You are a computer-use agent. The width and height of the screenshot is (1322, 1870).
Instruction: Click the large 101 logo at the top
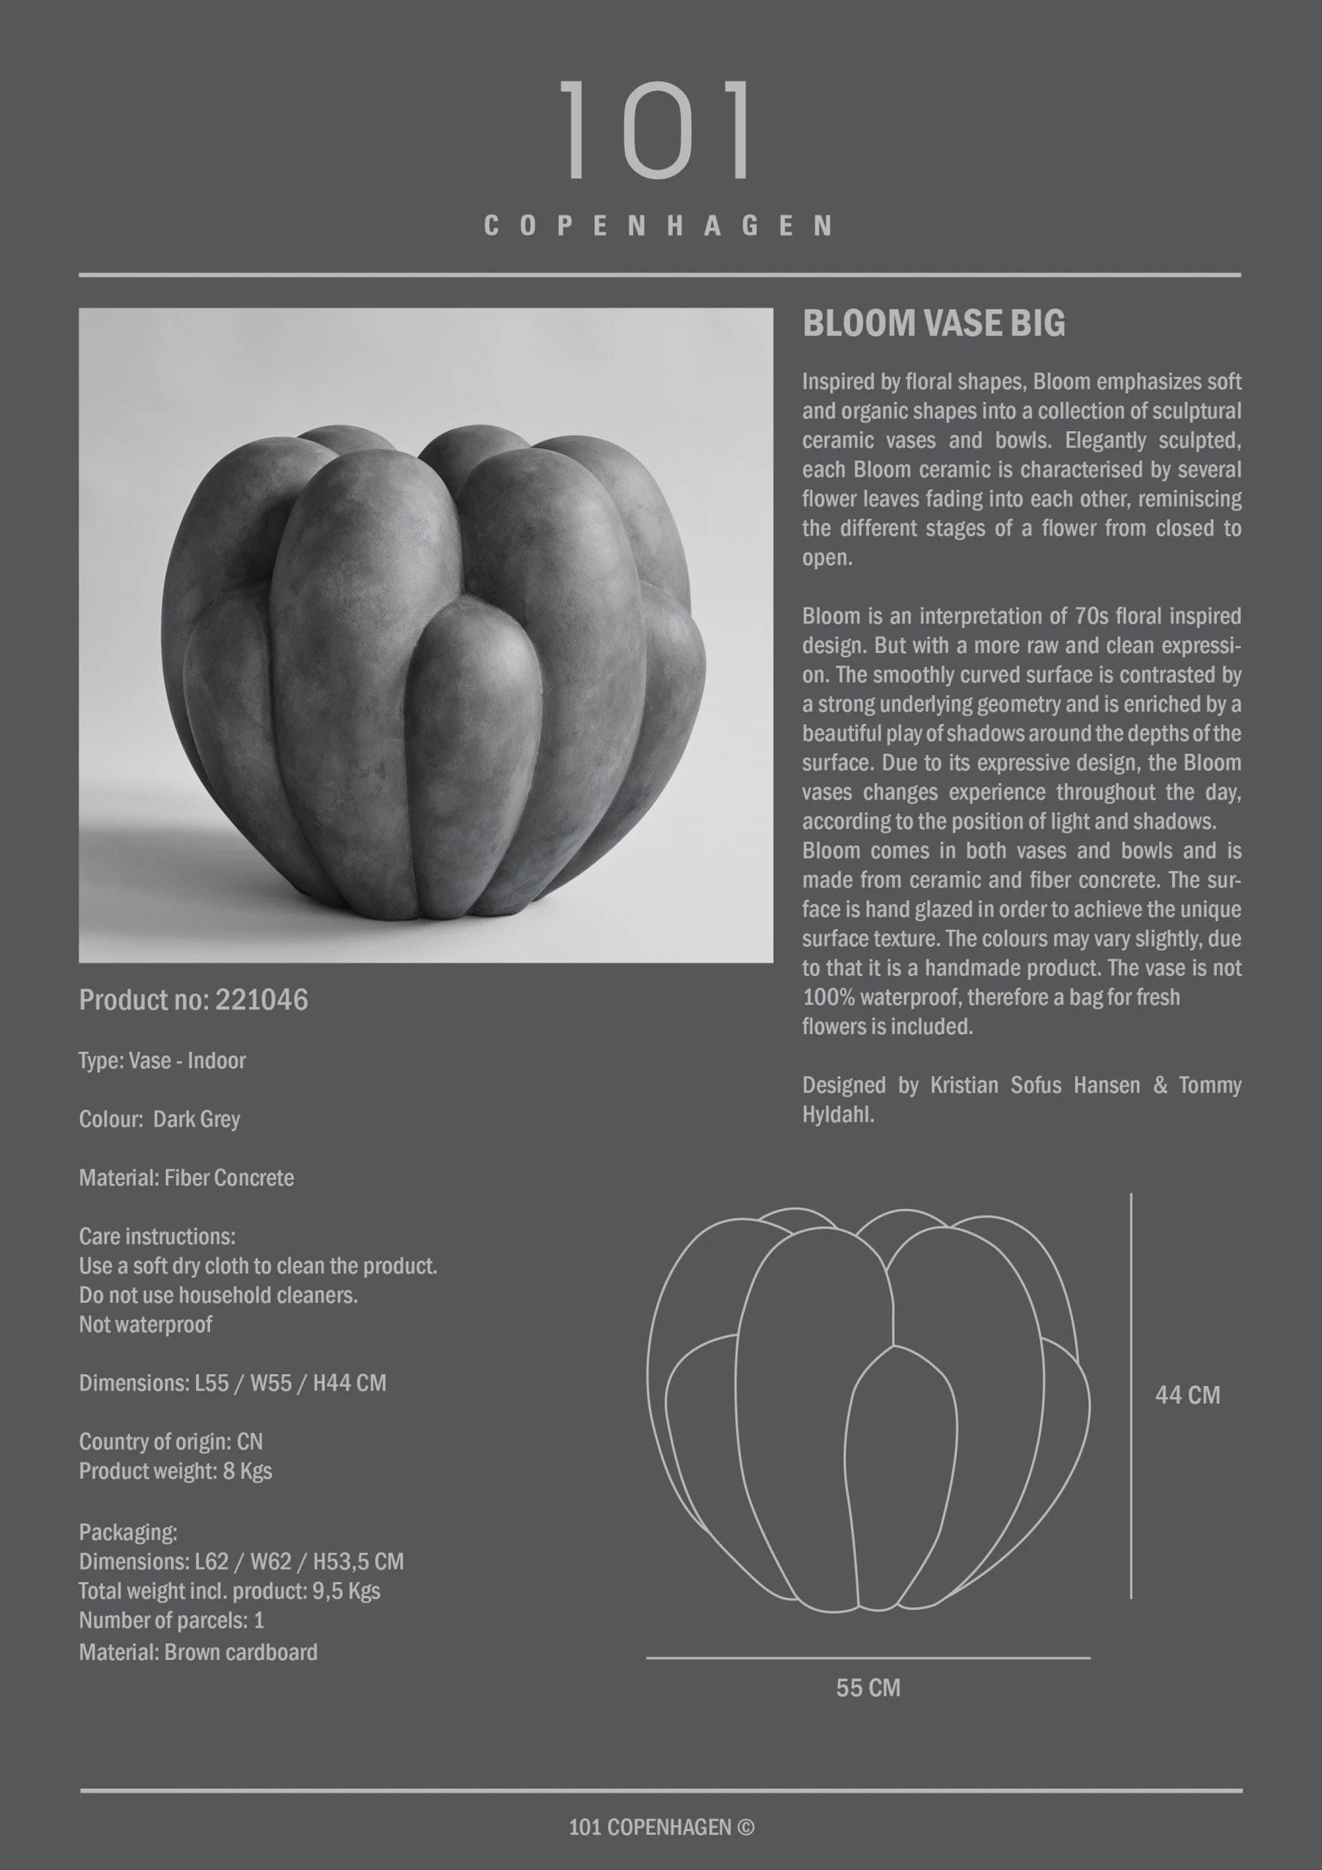tap(657, 129)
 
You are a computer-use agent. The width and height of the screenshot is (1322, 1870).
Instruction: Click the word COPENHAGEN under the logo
tap(658, 226)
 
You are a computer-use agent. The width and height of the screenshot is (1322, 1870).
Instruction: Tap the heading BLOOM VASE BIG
tap(933, 324)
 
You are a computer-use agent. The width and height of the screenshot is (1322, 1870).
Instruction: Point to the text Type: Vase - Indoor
tap(162, 1061)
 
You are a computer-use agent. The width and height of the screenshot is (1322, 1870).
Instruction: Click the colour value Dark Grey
tap(196, 1119)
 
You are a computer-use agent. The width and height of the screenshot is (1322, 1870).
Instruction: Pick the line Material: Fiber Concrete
tap(187, 1177)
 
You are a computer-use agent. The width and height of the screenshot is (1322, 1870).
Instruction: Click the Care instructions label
tap(157, 1236)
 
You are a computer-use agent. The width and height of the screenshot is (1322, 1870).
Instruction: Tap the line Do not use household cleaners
tap(218, 1295)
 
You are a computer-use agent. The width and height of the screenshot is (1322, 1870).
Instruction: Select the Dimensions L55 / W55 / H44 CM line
tap(232, 1383)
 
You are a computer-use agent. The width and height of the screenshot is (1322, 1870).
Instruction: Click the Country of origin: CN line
tap(171, 1442)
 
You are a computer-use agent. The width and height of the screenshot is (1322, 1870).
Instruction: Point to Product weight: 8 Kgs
tap(175, 1471)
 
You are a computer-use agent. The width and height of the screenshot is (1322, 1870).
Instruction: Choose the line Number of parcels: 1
tap(171, 1620)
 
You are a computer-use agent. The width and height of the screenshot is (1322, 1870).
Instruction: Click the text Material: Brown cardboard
tap(198, 1652)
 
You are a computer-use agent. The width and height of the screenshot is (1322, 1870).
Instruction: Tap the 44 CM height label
tap(1187, 1396)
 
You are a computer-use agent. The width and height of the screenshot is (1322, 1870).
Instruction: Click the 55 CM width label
tap(868, 1688)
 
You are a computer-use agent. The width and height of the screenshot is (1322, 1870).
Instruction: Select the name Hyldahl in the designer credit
tap(837, 1115)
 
